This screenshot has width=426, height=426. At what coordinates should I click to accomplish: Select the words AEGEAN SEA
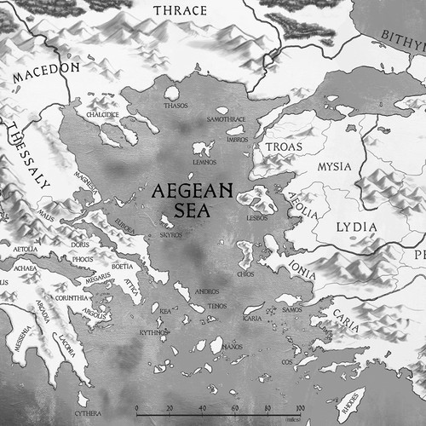click(x=193, y=201)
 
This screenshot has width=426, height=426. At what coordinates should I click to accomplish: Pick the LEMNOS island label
click(x=204, y=162)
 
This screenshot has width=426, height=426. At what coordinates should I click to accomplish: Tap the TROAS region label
click(x=284, y=147)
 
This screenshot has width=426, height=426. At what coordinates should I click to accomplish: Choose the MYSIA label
click(x=334, y=166)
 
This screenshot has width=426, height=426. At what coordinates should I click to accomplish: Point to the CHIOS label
click(x=246, y=274)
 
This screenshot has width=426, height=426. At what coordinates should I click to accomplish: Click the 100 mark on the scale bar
click(x=300, y=408)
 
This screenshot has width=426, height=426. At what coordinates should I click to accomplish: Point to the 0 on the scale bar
click(x=137, y=408)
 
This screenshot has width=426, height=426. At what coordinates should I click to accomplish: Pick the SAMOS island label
click(x=291, y=309)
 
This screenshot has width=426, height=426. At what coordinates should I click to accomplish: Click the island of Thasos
click(x=172, y=93)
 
